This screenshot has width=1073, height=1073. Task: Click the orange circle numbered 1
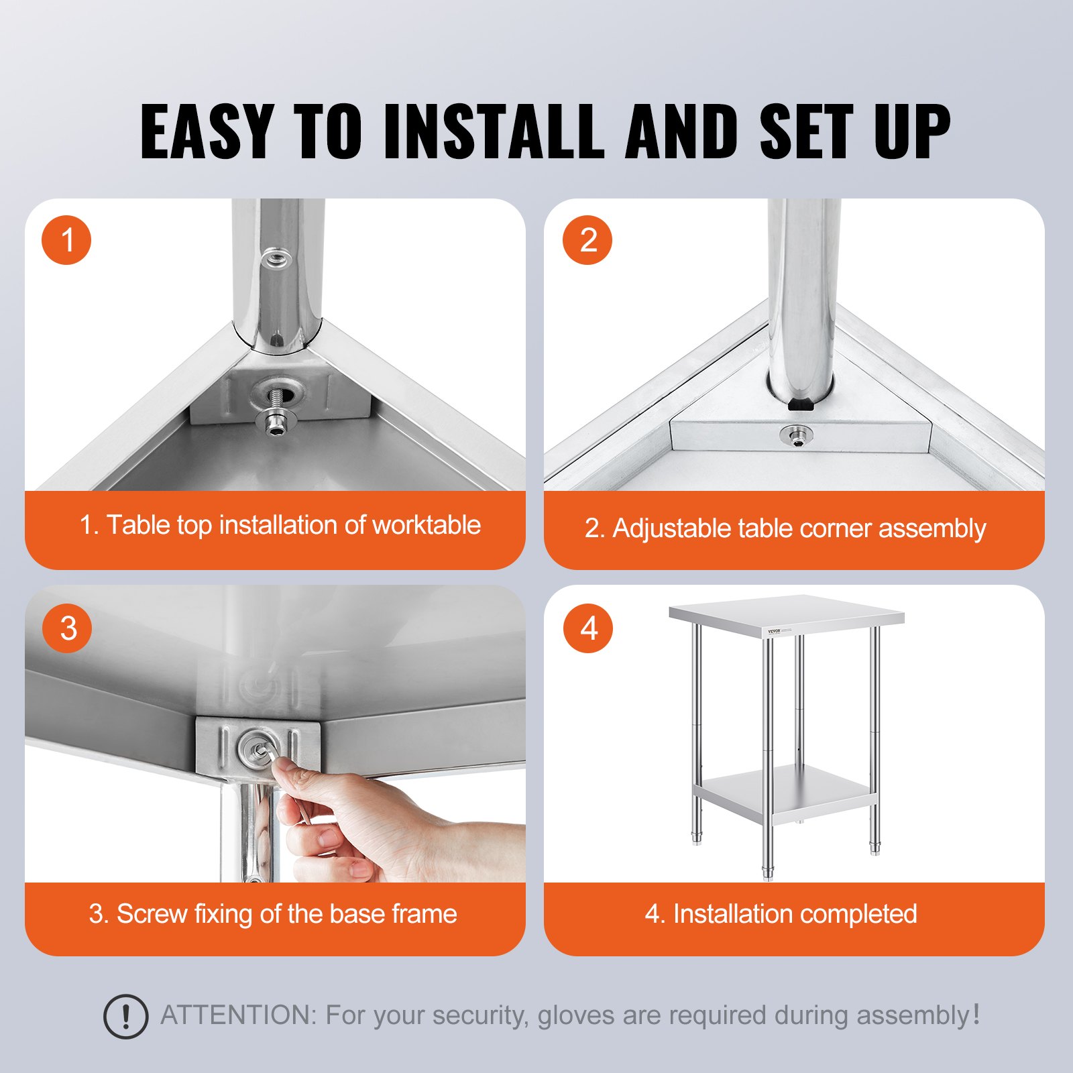(66, 240)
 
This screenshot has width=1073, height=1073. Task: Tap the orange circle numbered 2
(587, 240)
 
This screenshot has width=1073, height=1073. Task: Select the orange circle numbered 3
(67, 628)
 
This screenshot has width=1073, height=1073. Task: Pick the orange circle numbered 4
(588, 628)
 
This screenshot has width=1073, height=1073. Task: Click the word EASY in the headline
(207, 131)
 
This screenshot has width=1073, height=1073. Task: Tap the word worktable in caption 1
(427, 525)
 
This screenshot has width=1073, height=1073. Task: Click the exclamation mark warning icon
(125, 1017)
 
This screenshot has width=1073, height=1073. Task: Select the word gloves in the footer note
(577, 1016)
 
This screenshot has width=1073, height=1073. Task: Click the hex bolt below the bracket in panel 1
(275, 422)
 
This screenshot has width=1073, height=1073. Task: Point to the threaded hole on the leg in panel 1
(276, 258)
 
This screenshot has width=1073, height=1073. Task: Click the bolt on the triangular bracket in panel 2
(797, 437)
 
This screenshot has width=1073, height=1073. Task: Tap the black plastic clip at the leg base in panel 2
(801, 404)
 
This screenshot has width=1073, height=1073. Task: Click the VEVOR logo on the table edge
(775, 632)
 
